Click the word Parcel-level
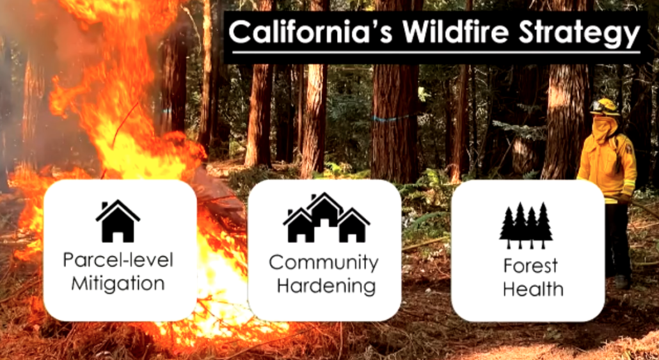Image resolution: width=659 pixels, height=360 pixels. tap(118, 261)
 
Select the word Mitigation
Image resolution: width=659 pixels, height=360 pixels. tap(118, 283)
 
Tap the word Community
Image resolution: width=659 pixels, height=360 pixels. tap(324, 262)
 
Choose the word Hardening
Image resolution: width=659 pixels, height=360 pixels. tap(324, 285)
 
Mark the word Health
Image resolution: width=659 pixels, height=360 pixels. tap(532, 288)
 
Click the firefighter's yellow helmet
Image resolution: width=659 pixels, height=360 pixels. tap(605, 107)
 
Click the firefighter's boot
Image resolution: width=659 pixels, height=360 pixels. tap(620, 281)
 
